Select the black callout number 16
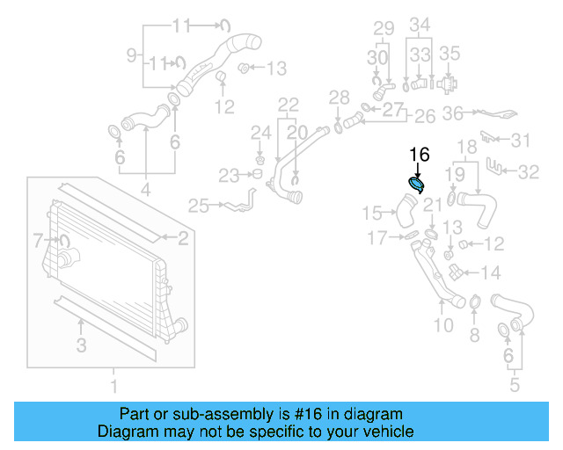tap(419, 155)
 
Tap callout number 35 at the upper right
tap(450, 54)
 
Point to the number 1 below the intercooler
tap(113, 386)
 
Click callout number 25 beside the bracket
tap(199, 207)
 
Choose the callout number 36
tap(452, 113)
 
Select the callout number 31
tap(522, 141)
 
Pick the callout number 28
tap(340, 97)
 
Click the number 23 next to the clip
tap(230, 176)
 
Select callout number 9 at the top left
tap(132, 55)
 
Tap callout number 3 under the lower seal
tap(81, 346)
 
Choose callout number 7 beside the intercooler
tap(38, 239)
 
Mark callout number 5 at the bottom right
tap(515, 384)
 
